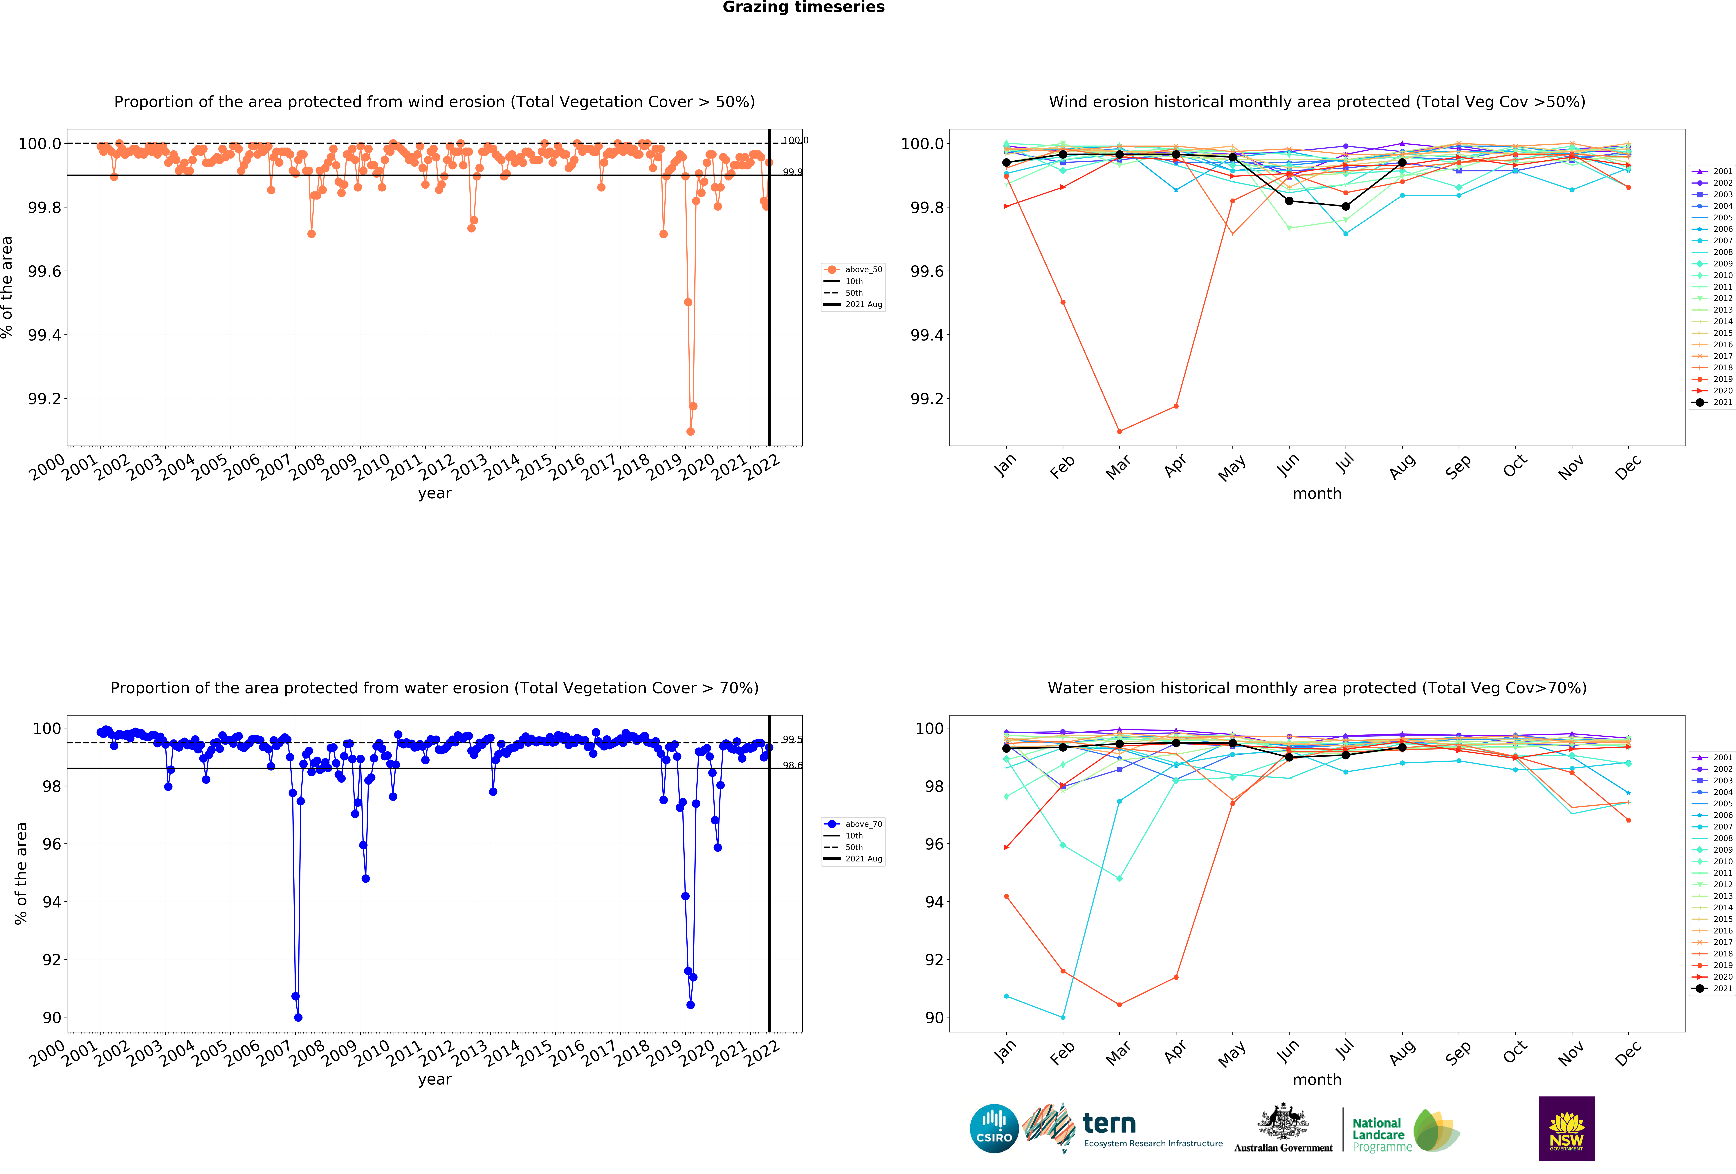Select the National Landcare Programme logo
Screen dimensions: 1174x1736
tap(1404, 1130)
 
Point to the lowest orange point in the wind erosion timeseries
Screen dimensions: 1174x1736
tap(690, 431)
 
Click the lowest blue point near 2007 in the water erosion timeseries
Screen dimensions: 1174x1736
tap(298, 1017)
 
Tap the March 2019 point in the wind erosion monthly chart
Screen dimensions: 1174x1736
tap(1119, 431)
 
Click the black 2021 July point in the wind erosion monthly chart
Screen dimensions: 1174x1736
tap(1345, 206)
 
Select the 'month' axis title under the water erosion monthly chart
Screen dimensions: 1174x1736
tap(1317, 1080)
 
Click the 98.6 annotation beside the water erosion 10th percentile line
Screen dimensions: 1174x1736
tap(793, 765)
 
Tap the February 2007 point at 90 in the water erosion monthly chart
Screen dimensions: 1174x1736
tap(1063, 1017)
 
